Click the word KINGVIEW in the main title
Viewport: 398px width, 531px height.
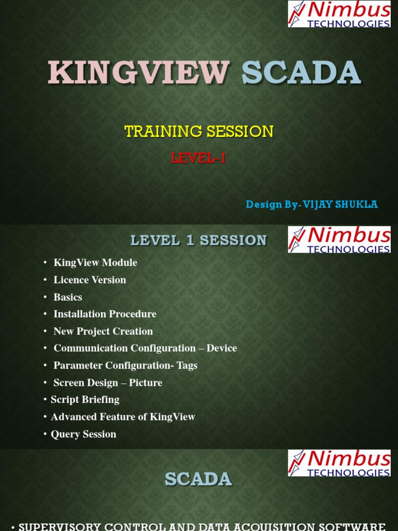138,73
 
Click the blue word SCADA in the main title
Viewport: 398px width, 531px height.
301,73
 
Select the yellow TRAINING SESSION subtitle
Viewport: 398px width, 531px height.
199,132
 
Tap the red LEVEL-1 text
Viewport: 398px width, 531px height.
199,158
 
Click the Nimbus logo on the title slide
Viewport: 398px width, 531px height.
339,14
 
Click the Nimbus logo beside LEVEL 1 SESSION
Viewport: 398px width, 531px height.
339,240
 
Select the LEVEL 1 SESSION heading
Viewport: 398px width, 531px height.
198,241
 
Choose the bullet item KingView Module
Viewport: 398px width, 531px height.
95,263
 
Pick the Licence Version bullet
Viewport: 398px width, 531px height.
90,280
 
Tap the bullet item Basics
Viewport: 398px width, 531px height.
68,297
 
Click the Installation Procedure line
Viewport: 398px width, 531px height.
105,314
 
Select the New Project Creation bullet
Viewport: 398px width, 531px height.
103,331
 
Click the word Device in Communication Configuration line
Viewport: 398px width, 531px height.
222,348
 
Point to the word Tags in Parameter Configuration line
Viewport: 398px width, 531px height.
187,366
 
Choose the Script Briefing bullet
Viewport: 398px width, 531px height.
85,400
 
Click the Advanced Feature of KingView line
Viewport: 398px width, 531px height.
123,417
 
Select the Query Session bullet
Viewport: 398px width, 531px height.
83,434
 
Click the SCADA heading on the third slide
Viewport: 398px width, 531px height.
198,479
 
